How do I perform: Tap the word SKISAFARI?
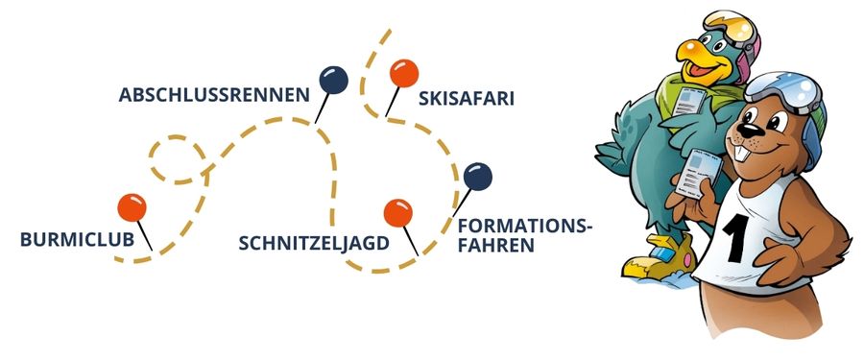[468, 98]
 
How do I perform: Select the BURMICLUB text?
[77, 240]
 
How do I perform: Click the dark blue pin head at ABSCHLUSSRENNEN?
[334, 79]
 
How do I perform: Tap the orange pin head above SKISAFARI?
[403, 73]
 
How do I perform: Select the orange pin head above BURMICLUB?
[131, 206]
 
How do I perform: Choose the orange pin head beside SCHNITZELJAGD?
[397, 213]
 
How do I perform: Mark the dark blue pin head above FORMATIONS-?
[477, 176]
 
